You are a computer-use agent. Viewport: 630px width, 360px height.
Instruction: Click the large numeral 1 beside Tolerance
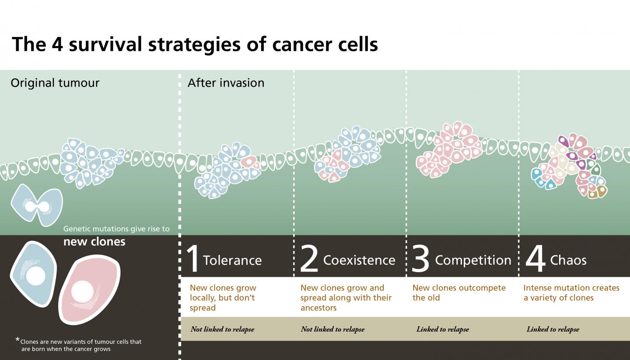tap(193, 259)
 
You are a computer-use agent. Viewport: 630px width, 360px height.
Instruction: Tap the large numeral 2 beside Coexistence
tap(309, 259)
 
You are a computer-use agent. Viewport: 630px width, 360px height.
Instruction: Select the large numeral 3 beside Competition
tap(421, 259)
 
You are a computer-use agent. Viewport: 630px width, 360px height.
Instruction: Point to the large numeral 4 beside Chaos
tap(535, 259)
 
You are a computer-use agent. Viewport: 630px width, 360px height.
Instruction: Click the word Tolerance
tap(232, 260)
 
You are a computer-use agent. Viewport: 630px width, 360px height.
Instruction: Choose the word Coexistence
tap(359, 260)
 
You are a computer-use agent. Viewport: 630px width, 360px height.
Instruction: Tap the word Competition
tap(473, 260)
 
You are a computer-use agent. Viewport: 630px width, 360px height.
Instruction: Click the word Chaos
tap(568, 260)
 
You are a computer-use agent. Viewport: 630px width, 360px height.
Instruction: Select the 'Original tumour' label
tap(55, 83)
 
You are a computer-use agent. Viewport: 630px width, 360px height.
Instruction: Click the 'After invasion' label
tap(226, 83)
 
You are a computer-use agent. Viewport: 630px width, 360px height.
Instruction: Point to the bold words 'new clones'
tap(94, 241)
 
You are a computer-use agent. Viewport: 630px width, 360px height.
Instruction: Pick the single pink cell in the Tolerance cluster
tap(250, 162)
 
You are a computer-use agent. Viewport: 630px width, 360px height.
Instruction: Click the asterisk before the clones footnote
tap(17, 340)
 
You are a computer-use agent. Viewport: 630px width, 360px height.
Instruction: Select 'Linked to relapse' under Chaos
tap(553, 329)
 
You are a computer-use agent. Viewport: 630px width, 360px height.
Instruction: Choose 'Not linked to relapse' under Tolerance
tap(222, 329)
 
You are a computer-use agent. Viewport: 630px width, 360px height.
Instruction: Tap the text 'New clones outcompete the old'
tap(458, 293)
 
